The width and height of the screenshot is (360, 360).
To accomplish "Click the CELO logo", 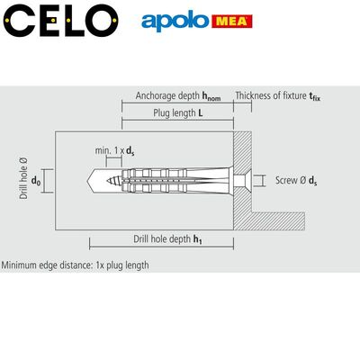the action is point(60,21).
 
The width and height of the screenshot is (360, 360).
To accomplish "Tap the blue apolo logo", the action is point(175,22).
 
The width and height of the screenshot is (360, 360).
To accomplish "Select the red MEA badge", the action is point(232,22).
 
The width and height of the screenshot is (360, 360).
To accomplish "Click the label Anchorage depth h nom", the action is point(178,96).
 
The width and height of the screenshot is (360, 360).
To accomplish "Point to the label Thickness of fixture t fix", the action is point(278,96).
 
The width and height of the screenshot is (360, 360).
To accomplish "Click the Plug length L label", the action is point(178,113).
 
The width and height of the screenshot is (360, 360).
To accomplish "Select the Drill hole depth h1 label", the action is point(167,239).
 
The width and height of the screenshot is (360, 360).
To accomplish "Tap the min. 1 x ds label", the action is point(114,150).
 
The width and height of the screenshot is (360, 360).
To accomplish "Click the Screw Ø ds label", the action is point(296,181).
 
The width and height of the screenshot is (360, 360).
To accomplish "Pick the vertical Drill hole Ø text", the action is point(23,178).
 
